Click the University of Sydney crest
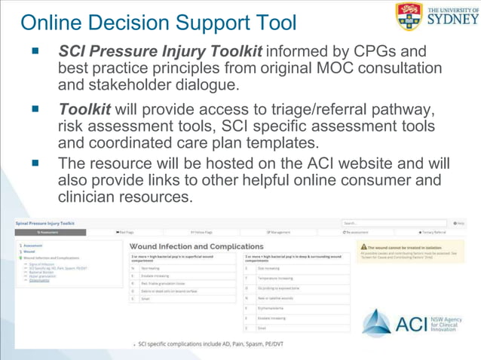[x=408, y=16]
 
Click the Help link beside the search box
[x=459, y=223]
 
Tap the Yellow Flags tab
[x=201, y=233]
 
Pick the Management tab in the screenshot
[x=278, y=233]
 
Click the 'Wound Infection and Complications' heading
[x=196, y=246]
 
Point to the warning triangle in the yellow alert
[x=363, y=246]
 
